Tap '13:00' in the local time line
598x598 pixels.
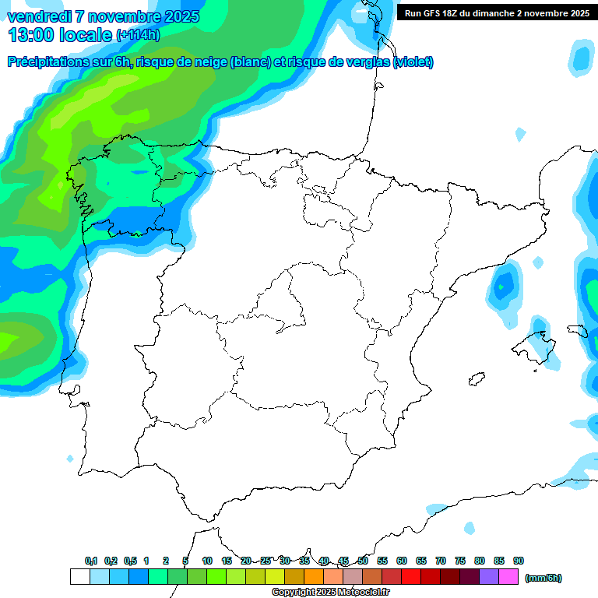coord(32,35)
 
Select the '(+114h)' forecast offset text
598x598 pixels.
coord(138,35)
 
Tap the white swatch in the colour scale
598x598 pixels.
coord(79,577)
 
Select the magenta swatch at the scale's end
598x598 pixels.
coord(509,577)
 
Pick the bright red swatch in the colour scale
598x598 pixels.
coord(411,577)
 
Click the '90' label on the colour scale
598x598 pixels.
coord(519,561)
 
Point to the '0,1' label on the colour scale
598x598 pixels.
coord(91,561)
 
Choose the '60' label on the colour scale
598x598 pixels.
coord(402,561)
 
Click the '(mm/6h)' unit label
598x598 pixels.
coord(543,578)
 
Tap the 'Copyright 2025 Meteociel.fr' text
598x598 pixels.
coord(330,593)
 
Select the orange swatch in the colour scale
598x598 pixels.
coord(314,577)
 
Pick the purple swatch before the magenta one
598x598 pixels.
coord(490,577)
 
